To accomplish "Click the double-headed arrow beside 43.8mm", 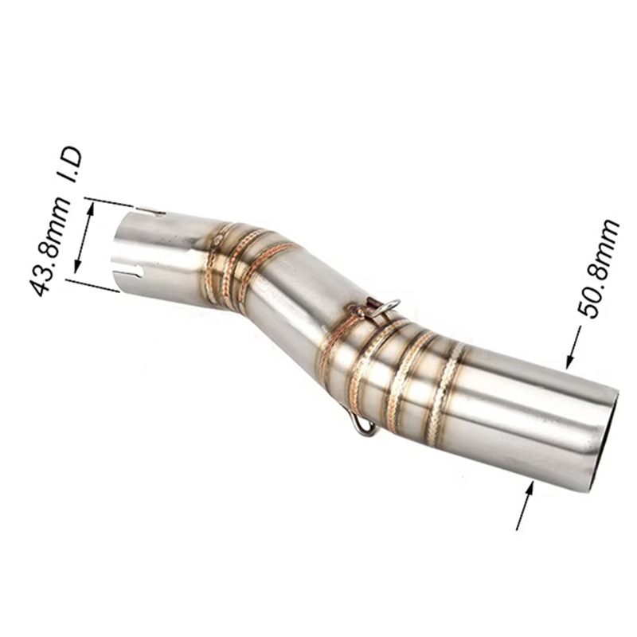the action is point(84,237).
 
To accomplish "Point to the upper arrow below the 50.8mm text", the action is point(573,348).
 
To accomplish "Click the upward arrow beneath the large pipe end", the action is point(525,505).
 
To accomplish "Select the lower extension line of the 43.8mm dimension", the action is point(92,285).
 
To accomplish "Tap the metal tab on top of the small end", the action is point(151,211).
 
